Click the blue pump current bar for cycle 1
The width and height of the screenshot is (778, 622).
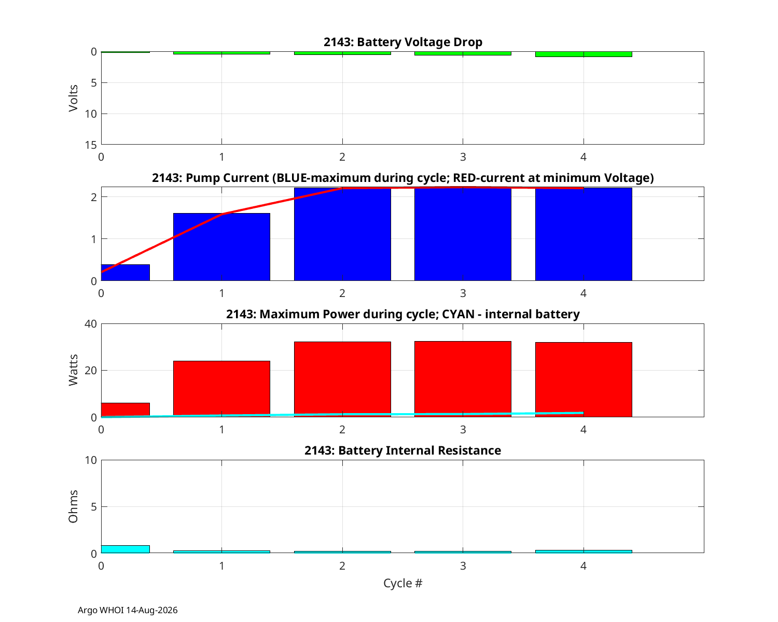221,247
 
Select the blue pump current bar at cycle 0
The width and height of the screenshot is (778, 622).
126,273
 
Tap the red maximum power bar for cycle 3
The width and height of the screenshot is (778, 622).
463,379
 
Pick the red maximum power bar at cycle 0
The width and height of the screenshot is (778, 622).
126,410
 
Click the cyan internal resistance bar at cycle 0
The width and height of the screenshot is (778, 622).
126,549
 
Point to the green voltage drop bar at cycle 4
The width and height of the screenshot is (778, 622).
584,54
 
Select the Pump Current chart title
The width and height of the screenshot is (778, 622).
402,178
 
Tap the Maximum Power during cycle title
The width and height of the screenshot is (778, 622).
402,314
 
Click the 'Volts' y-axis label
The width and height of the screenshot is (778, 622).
73,98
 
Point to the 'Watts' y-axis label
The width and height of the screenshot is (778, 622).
73,370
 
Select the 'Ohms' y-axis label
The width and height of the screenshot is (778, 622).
73,507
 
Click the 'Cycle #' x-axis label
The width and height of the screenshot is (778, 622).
402,583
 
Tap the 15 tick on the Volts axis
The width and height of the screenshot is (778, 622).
91,145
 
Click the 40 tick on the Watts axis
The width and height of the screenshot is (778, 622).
91,324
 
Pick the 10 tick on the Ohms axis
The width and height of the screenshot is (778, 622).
91,460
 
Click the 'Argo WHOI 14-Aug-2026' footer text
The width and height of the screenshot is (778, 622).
128,610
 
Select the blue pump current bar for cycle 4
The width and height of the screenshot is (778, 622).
584,234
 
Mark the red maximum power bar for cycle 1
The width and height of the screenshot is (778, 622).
221,389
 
